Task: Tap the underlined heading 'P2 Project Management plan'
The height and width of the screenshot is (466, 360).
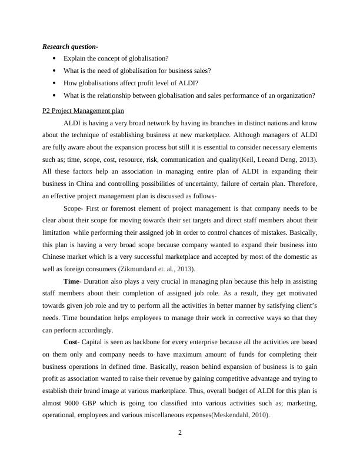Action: pos(83,111)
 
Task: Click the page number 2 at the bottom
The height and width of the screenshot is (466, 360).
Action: pos(180,433)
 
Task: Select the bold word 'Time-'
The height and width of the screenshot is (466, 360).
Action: pos(74,281)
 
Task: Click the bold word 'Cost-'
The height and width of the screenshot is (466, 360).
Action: pos(74,342)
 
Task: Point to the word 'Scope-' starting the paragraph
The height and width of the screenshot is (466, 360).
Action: pos(74,208)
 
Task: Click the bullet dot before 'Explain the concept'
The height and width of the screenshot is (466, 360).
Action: pos(54,59)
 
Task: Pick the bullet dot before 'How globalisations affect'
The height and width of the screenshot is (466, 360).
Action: pos(54,83)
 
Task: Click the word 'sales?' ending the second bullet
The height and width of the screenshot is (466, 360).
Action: pos(200,71)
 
